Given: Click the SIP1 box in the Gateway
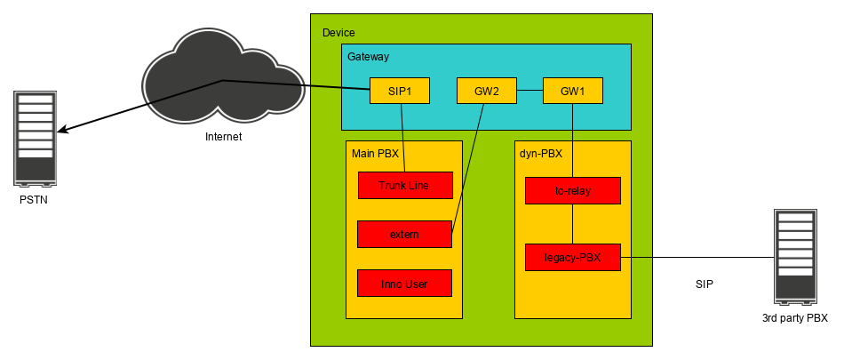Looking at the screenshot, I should coord(399,91).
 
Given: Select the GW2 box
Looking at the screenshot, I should coord(486,91).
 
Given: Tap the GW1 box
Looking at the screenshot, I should coord(572,91).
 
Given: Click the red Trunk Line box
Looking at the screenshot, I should coord(405,185).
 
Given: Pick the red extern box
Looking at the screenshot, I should coord(404,235).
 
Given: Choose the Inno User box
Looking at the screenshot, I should coord(404,284).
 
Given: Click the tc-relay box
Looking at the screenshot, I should coord(572,190).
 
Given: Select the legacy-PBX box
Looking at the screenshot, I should coord(572,257).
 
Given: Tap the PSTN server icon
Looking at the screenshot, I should coord(35,137).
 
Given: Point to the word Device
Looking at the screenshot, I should coord(338,33).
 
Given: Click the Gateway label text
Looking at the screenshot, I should coord(368,57).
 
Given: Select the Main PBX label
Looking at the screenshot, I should coord(375,154).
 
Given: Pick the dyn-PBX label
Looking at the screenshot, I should coord(541,154).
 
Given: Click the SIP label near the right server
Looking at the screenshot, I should coord(705,284).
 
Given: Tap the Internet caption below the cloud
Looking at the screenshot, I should coord(223,137).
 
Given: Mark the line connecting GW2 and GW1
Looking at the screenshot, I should coord(529,91).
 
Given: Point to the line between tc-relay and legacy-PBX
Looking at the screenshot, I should coord(572,223).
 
